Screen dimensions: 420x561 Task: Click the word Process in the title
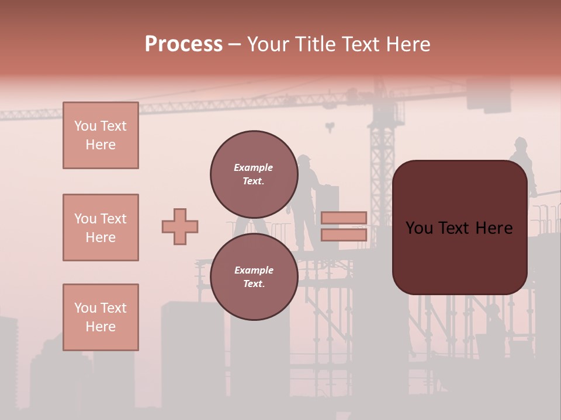[x=183, y=44]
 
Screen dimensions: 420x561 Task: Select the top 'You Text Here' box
[x=101, y=135]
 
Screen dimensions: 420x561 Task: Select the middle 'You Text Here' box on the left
[x=101, y=228]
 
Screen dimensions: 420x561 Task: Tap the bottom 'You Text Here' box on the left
[x=101, y=317]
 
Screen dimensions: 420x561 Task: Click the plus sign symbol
[x=180, y=226]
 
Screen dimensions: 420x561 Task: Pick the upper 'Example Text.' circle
[x=254, y=174]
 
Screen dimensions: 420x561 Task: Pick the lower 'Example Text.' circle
[x=254, y=277]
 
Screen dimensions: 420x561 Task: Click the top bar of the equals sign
[x=344, y=218]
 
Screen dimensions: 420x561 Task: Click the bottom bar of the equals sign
[x=344, y=235]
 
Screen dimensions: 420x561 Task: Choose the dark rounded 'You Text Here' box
[x=459, y=228]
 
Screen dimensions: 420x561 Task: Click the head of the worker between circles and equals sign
[x=304, y=161]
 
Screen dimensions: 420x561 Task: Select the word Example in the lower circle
[x=254, y=270]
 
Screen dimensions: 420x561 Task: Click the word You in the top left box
[x=85, y=126]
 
